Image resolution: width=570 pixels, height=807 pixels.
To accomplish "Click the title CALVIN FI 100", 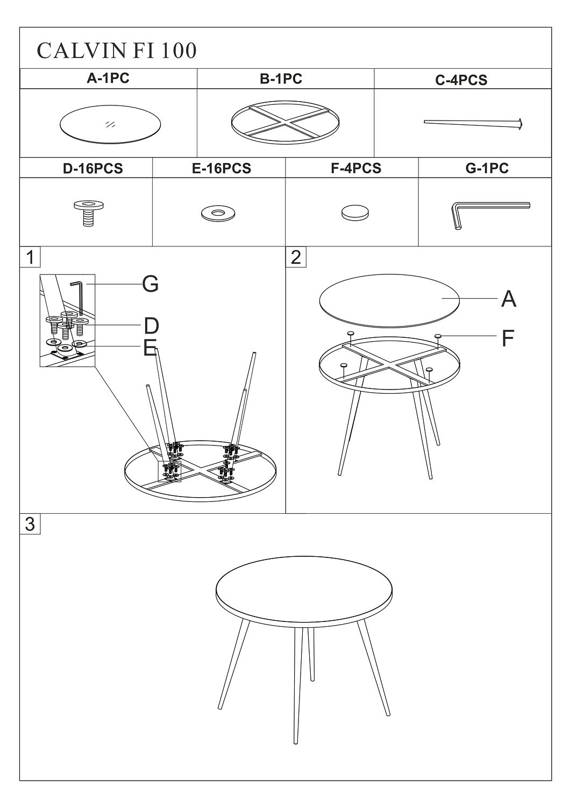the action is tap(117, 51).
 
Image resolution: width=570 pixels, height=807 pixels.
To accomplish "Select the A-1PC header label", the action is tap(108, 78).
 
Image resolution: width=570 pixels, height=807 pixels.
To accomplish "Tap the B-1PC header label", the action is tap(281, 79).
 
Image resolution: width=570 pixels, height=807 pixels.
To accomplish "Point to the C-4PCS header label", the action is tap(461, 80).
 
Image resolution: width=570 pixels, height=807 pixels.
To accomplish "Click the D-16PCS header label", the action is tap(93, 168).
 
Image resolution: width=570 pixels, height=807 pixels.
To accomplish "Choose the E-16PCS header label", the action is tap(222, 168).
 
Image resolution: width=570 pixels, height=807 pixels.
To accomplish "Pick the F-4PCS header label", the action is tap(356, 168).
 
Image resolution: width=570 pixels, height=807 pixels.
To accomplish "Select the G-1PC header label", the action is tap(487, 168).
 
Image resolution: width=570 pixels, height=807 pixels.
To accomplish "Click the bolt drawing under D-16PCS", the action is tap(89, 213).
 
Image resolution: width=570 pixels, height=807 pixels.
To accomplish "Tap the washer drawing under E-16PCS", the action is tap(218, 213).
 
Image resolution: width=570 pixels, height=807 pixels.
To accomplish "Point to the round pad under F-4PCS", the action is tap(355, 213).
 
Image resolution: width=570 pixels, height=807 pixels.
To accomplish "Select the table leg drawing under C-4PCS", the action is tap(474, 124).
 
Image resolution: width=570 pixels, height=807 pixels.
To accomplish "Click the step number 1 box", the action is tap(30, 257).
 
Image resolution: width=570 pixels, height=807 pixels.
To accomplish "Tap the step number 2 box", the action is tap(296, 257).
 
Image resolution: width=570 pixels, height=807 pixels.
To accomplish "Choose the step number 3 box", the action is tap(30, 524).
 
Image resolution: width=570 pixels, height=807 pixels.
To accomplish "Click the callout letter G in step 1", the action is tap(150, 284).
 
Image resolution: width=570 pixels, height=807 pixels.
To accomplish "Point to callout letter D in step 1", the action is tap(151, 325).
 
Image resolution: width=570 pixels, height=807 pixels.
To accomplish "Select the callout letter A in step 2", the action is tap(508, 299).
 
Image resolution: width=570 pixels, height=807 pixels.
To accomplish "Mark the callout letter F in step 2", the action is tap(508, 338).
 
